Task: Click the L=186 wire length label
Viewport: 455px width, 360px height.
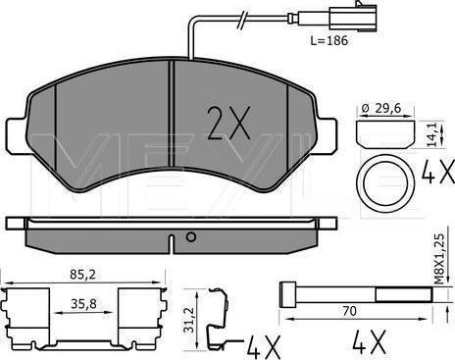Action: (329, 41)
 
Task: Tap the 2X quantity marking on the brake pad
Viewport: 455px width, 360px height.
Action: (228, 123)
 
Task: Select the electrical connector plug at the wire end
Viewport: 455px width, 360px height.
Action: (353, 18)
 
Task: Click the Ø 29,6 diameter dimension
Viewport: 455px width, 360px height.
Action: (381, 108)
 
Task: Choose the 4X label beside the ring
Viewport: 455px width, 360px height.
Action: (438, 172)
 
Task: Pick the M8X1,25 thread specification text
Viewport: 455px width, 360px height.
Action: (440, 258)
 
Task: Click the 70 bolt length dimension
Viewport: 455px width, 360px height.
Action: (349, 311)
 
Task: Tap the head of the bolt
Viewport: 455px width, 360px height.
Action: (288, 294)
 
